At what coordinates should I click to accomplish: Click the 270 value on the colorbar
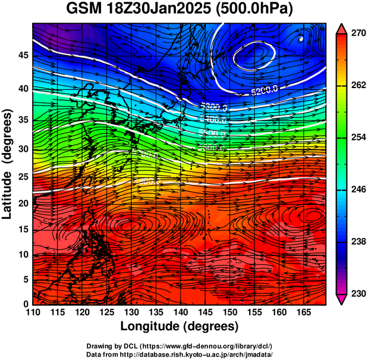coord(357,33)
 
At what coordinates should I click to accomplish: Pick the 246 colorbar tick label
coord(357,190)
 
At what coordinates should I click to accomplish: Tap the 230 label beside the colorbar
coord(357,293)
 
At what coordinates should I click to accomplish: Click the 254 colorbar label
coord(357,137)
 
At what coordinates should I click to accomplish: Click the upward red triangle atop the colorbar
coord(342,27)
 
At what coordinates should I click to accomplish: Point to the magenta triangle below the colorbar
coord(342,299)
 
